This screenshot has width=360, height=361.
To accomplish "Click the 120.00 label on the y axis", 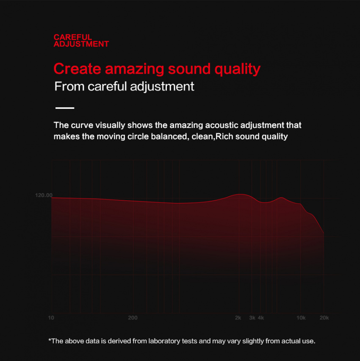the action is pyautogui.click(x=44, y=195).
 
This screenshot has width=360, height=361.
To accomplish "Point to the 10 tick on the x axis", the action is pyautogui.click(x=51, y=318).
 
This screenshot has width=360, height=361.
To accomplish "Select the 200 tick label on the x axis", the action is pyautogui.click(x=133, y=318).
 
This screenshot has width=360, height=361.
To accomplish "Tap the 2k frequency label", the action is pyautogui.click(x=238, y=318).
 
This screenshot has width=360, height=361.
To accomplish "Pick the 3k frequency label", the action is pyautogui.click(x=252, y=318).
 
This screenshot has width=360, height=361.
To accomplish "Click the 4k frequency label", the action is pyautogui.click(x=261, y=318).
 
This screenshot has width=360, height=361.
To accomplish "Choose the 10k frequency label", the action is pyautogui.click(x=301, y=318).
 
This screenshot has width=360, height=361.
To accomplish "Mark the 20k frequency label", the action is pyautogui.click(x=324, y=318).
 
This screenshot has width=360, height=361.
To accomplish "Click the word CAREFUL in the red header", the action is pyautogui.click(x=73, y=37).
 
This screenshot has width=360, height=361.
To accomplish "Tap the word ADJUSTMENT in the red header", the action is pyautogui.click(x=81, y=44).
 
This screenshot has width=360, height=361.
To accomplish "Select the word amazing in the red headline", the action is pyautogui.click(x=135, y=69).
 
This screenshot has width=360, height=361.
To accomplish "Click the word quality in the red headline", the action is pyautogui.click(x=237, y=69).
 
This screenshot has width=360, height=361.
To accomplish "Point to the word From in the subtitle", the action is pyautogui.click(x=69, y=86).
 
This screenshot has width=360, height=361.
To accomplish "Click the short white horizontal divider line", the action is pyautogui.click(x=65, y=108).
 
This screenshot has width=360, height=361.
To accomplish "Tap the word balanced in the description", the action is pyautogui.click(x=170, y=136).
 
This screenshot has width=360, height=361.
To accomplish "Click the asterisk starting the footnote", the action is pyautogui.click(x=50, y=340).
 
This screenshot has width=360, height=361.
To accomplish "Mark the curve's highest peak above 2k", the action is pyautogui.click(x=240, y=194).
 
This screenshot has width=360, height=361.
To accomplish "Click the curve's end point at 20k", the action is pyautogui.click(x=324, y=233).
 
